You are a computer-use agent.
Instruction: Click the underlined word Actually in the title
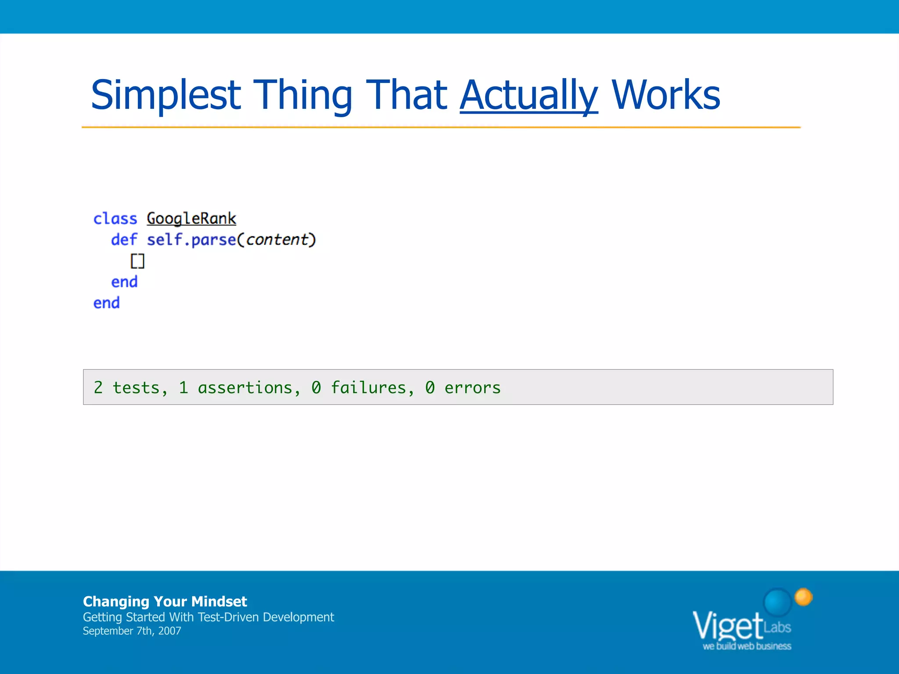point(529,95)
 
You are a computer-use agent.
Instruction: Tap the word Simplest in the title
point(166,95)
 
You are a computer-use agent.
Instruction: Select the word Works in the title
point(665,95)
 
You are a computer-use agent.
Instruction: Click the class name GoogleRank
point(191,219)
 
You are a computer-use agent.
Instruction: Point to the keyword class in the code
point(115,219)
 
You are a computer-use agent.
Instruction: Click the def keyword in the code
point(124,240)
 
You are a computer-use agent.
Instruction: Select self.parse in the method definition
point(191,240)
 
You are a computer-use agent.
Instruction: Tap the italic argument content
point(277,240)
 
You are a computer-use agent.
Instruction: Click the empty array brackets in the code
point(137,261)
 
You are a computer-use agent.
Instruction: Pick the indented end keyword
point(124,282)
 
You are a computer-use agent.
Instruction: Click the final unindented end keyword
point(106,303)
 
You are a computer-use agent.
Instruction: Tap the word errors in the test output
point(472,387)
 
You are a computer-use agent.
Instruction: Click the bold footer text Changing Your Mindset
point(165,601)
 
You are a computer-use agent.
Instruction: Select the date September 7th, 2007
point(132,631)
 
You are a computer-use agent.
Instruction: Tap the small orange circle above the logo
point(804,597)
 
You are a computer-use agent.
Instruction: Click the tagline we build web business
point(747,646)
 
